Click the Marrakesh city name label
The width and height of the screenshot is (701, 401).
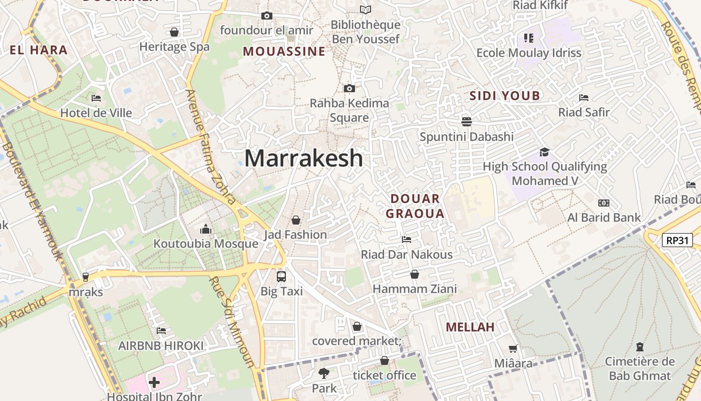click(303, 158)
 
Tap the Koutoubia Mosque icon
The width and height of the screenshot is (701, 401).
click(206, 230)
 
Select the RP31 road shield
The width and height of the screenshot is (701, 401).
click(677, 241)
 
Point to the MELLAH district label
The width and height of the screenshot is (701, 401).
click(470, 327)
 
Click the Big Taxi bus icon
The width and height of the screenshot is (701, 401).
click(281, 276)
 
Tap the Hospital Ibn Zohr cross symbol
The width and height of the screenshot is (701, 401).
click(154, 383)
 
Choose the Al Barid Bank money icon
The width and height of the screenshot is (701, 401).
click(604, 203)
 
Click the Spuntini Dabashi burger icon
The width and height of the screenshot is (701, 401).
click(467, 122)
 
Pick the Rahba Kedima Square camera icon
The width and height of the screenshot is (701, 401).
click(349, 89)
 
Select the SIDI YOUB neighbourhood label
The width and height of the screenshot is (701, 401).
click(505, 96)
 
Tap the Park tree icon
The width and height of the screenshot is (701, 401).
click(324, 373)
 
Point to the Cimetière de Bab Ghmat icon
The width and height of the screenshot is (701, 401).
click(639, 347)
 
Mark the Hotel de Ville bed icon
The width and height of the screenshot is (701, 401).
click(96, 98)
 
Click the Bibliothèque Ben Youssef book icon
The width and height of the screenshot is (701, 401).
click(366, 10)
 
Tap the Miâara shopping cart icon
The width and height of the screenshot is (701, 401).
click(513, 348)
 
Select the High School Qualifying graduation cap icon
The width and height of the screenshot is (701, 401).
click(544, 152)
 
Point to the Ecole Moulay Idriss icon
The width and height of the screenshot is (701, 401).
click(529, 38)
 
